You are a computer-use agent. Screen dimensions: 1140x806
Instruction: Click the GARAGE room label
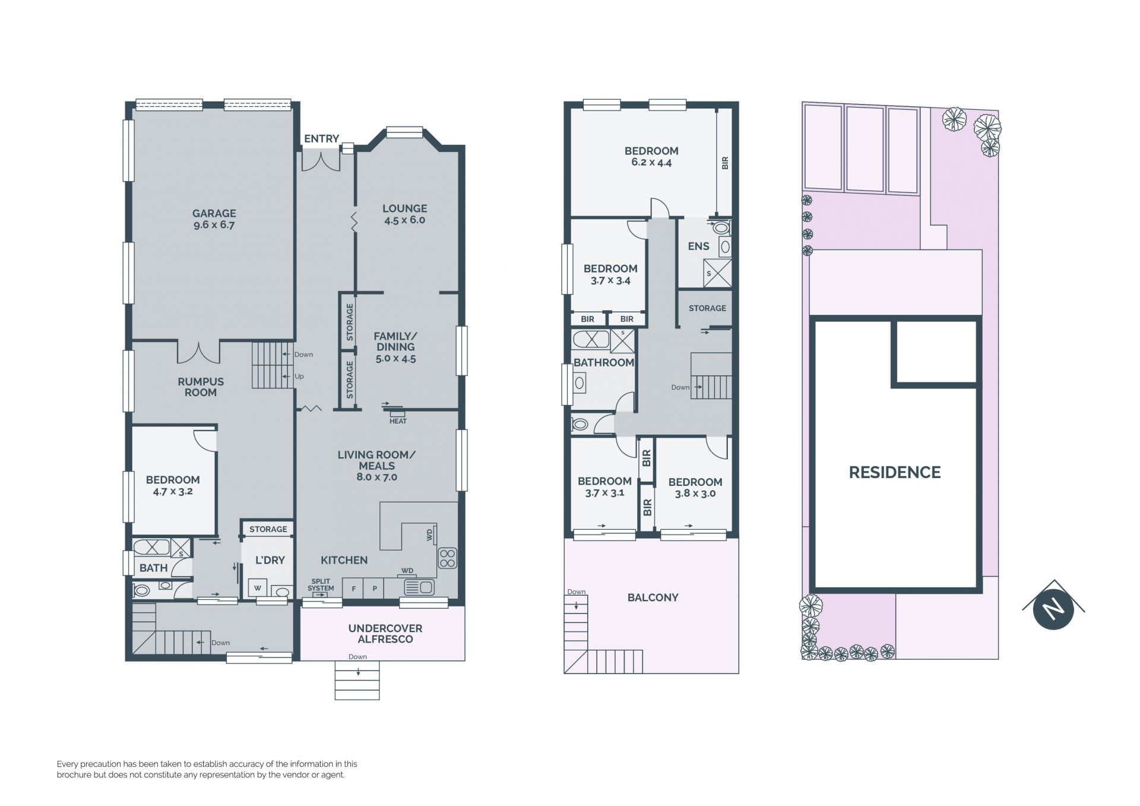click(214, 213)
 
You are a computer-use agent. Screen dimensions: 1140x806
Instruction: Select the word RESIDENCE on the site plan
click(895, 472)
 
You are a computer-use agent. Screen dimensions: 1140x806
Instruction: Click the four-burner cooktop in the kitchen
click(447, 558)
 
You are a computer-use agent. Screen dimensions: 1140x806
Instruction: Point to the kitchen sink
click(419, 587)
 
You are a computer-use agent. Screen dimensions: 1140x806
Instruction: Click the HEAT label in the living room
click(398, 421)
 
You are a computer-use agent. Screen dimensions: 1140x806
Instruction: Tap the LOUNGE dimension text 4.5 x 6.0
click(404, 220)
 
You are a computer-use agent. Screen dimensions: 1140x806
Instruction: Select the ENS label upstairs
click(698, 246)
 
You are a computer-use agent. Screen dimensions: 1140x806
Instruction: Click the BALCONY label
click(653, 598)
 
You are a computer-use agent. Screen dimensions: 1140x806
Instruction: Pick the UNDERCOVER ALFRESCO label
click(385, 634)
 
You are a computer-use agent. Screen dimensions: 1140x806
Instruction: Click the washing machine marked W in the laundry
click(258, 587)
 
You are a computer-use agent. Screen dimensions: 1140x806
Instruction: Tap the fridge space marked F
click(353, 589)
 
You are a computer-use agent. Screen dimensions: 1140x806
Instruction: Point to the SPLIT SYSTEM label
click(321, 585)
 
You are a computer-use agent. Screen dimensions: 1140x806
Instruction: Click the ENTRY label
click(321, 138)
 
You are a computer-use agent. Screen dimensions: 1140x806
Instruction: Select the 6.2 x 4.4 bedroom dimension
click(651, 162)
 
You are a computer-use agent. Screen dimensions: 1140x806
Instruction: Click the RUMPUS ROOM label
click(201, 387)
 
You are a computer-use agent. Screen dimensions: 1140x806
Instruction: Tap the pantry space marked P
click(375, 589)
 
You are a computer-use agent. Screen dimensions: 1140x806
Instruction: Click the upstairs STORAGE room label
click(707, 308)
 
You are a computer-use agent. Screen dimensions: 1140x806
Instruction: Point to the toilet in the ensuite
click(721, 227)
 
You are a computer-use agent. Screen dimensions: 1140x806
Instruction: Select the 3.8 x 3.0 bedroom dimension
click(695, 493)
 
